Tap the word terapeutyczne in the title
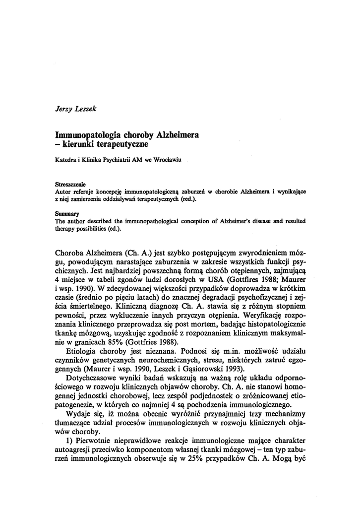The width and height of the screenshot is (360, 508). (123, 144)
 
